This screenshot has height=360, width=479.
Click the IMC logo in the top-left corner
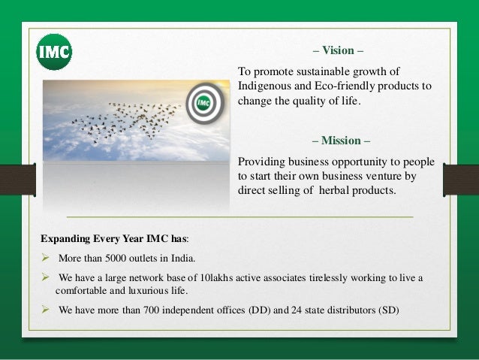pyautogui.click(x=54, y=52)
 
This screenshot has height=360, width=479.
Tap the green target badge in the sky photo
pyautogui.click(x=201, y=104)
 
